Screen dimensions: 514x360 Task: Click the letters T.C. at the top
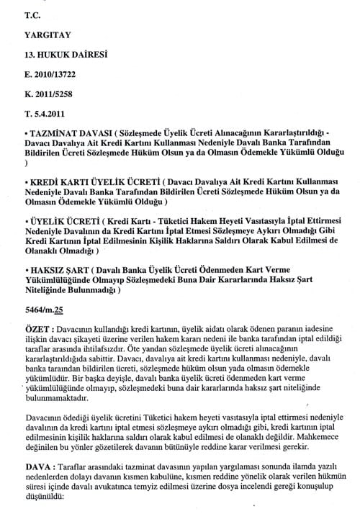[x=33, y=14]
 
